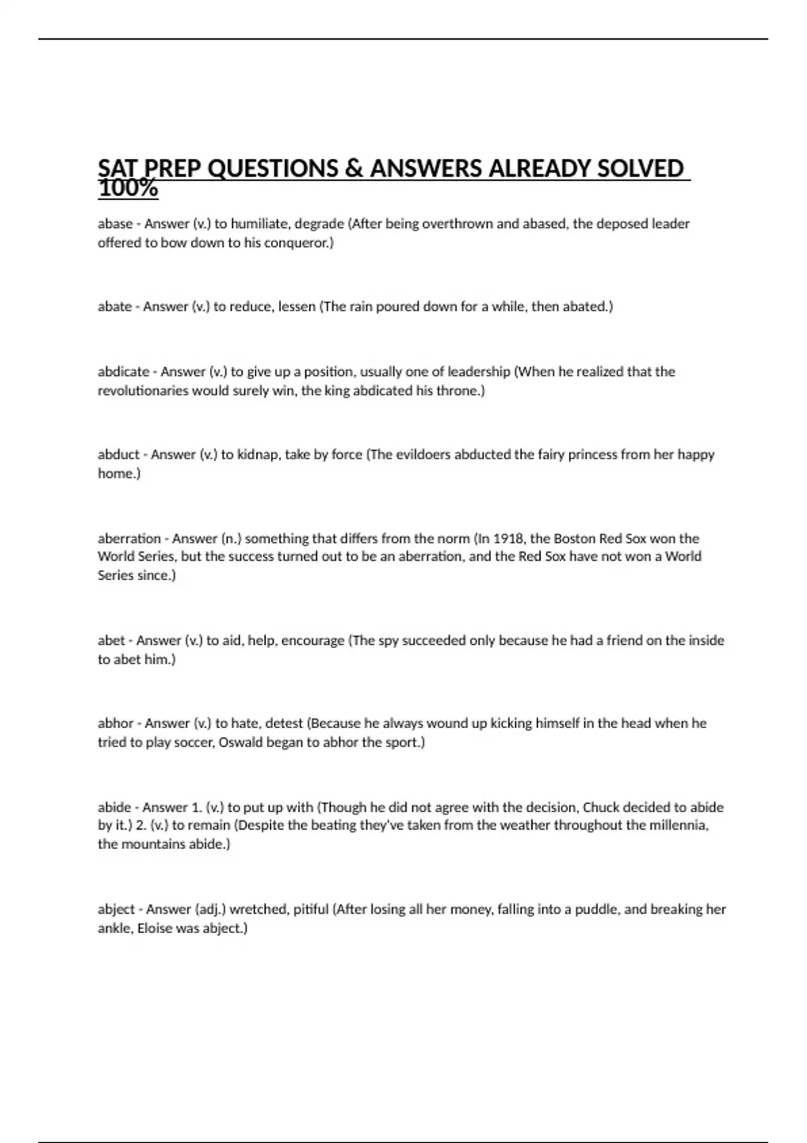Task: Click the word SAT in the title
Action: click(118, 168)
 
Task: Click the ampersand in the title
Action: click(354, 168)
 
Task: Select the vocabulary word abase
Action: click(115, 224)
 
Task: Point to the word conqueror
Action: click(299, 243)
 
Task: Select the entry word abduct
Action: click(118, 455)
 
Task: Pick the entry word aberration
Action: click(129, 539)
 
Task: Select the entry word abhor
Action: click(116, 723)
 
